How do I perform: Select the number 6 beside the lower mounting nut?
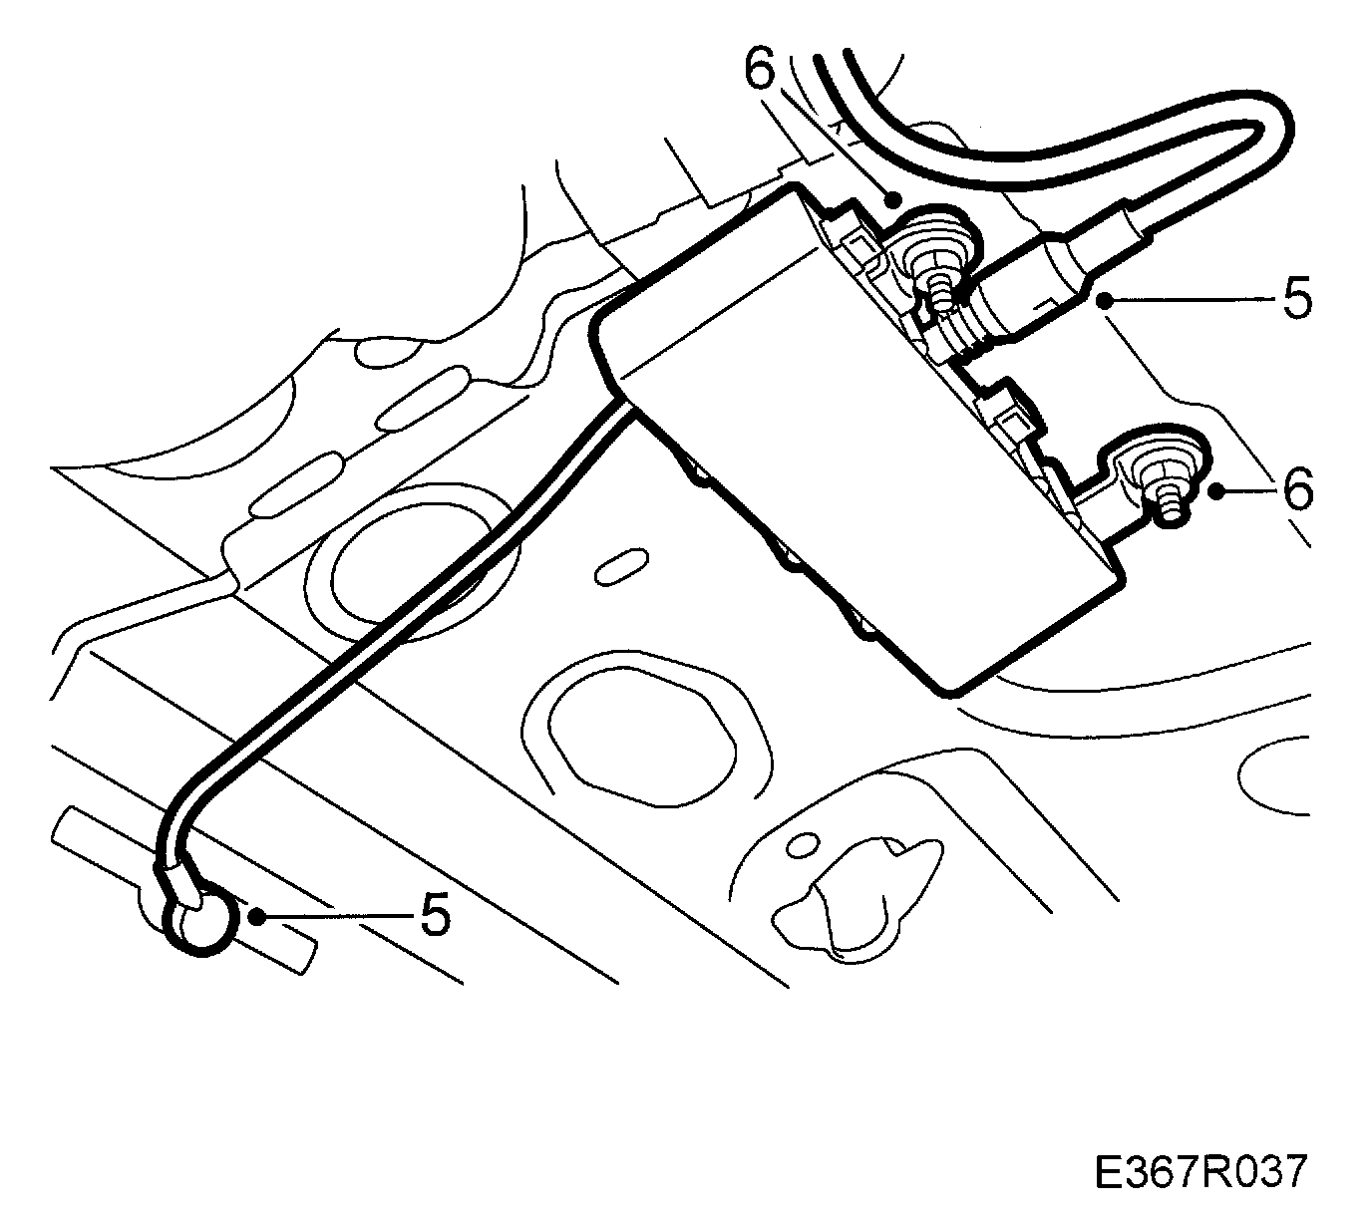(1296, 489)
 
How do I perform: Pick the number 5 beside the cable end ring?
(435, 914)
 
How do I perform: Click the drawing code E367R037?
(1199, 1171)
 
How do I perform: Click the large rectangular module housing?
(848, 429)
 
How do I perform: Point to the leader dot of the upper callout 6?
(894, 195)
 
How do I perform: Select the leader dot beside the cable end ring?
(258, 915)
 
